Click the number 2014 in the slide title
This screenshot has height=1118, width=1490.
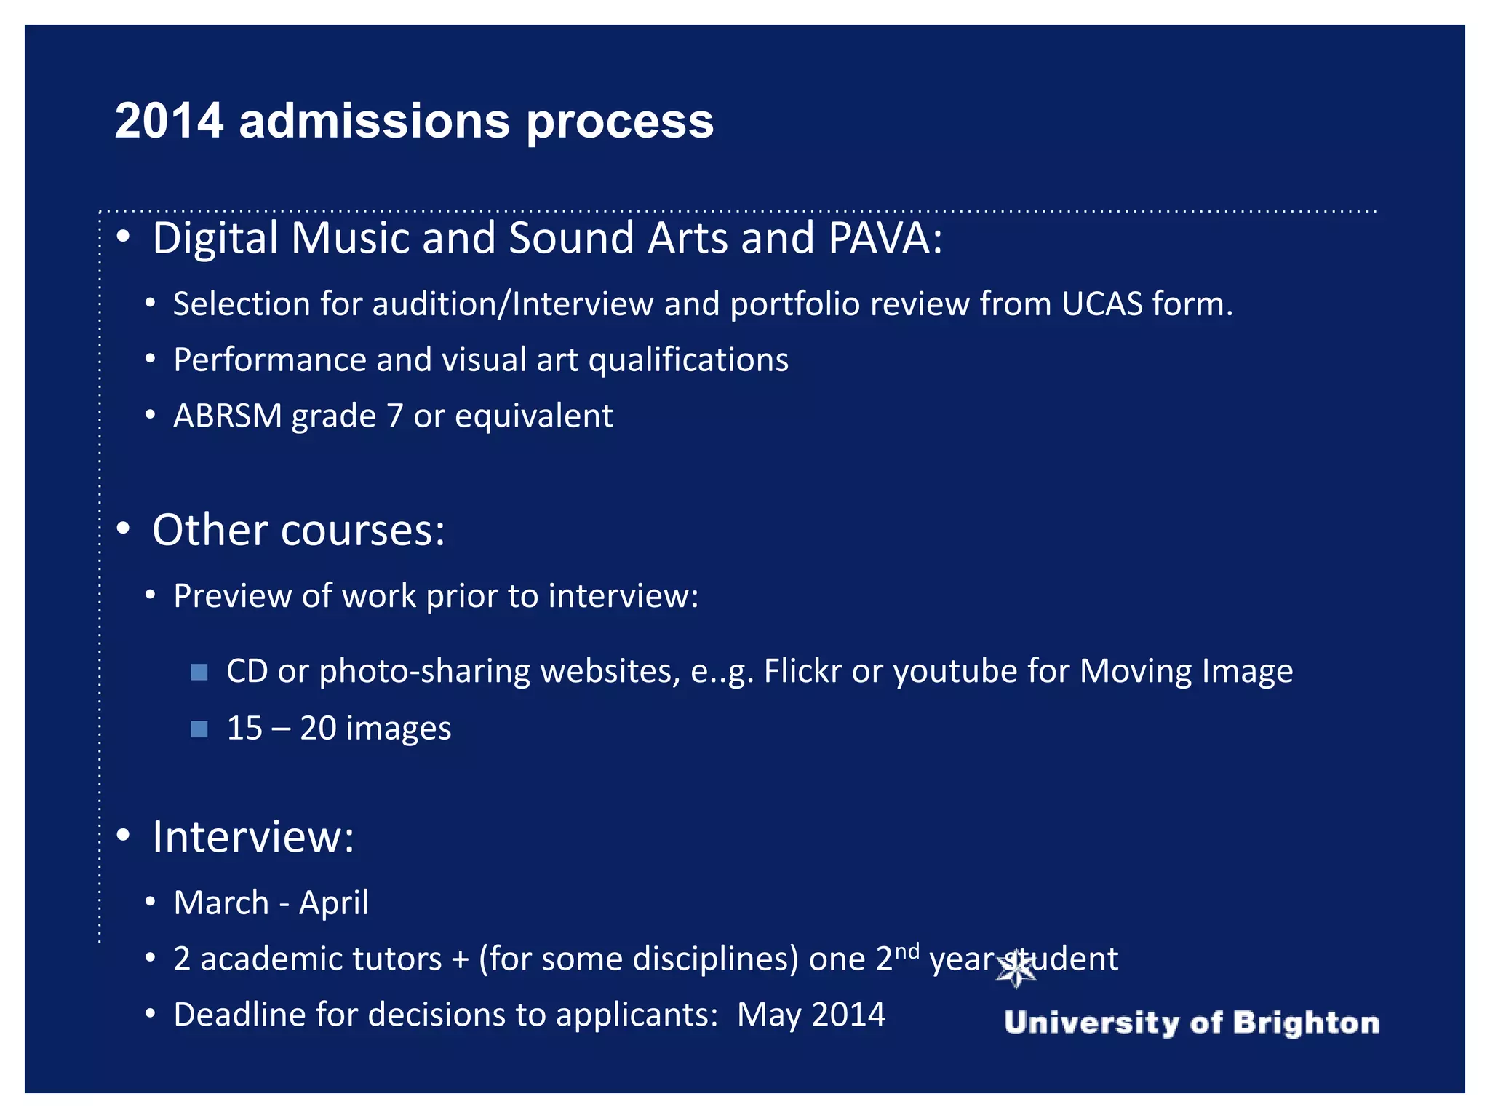(169, 121)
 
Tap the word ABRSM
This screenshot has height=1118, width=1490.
(227, 416)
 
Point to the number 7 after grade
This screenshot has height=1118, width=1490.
(394, 416)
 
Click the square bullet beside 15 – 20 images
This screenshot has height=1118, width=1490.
(199, 729)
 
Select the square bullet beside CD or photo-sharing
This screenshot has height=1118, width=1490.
(199, 671)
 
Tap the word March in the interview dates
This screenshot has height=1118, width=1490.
(221, 903)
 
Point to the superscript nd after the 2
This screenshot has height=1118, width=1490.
(907, 951)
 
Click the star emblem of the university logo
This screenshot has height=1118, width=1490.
(1016, 969)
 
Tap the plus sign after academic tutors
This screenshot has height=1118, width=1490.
(460, 959)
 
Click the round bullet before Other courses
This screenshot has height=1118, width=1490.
(123, 528)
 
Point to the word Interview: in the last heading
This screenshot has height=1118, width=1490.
(253, 837)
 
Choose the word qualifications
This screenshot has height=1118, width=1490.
(688, 360)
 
